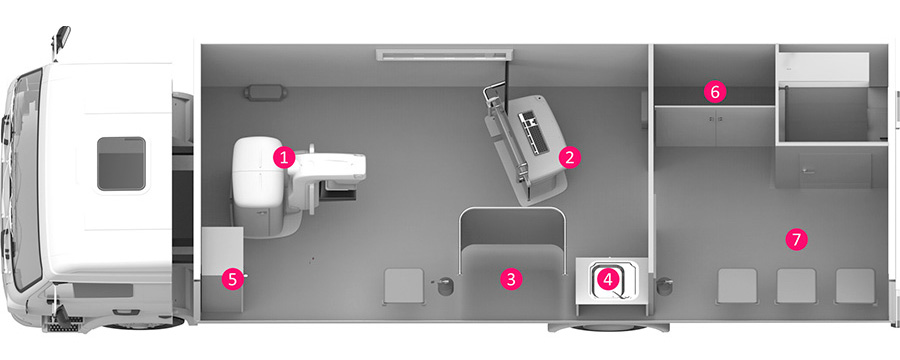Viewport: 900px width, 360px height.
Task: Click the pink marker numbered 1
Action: tap(284, 157)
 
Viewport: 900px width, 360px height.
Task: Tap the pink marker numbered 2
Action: tap(569, 157)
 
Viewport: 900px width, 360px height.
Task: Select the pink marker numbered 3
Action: tap(511, 279)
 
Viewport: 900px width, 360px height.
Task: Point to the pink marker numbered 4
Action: tap(608, 279)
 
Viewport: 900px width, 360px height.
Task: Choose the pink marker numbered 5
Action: tap(232, 279)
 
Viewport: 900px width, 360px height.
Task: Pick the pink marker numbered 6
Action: tap(715, 91)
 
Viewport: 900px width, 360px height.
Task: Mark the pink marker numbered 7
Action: tap(796, 239)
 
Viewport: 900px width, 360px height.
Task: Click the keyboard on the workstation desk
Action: tap(529, 132)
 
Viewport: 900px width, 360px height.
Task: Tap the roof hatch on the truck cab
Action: tap(121, 164)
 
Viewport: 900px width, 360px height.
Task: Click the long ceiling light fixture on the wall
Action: tap(444, 55)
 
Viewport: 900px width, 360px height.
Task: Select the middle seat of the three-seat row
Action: tap(796, 286)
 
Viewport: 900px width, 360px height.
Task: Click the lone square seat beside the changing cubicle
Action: tap(404, 286)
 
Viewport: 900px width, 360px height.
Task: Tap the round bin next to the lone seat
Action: tap(444, 285)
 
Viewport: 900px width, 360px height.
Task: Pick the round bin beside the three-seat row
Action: tap(664, 286)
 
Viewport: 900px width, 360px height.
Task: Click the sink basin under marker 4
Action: tap(612, 281)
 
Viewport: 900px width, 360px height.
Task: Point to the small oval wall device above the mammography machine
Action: tap(265, 92)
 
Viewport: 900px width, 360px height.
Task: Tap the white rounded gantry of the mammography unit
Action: tap(257, 171)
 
